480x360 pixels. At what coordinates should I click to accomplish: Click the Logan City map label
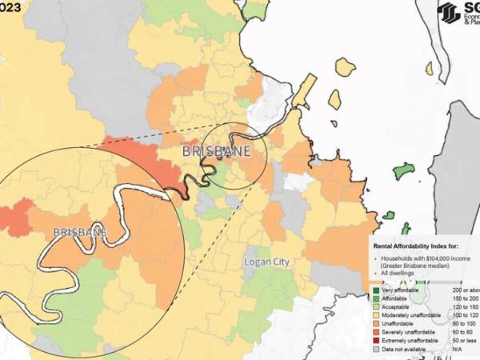coord(266,262)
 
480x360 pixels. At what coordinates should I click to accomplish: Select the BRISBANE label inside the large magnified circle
coord(80,232)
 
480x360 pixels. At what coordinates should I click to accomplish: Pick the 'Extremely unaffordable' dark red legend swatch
coord(377,341)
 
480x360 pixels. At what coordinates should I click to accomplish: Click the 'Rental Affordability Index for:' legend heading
coord(417,246)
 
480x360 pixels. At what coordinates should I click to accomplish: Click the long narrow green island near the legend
coord(404,170)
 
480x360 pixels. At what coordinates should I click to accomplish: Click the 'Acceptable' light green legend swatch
coord(377,306)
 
